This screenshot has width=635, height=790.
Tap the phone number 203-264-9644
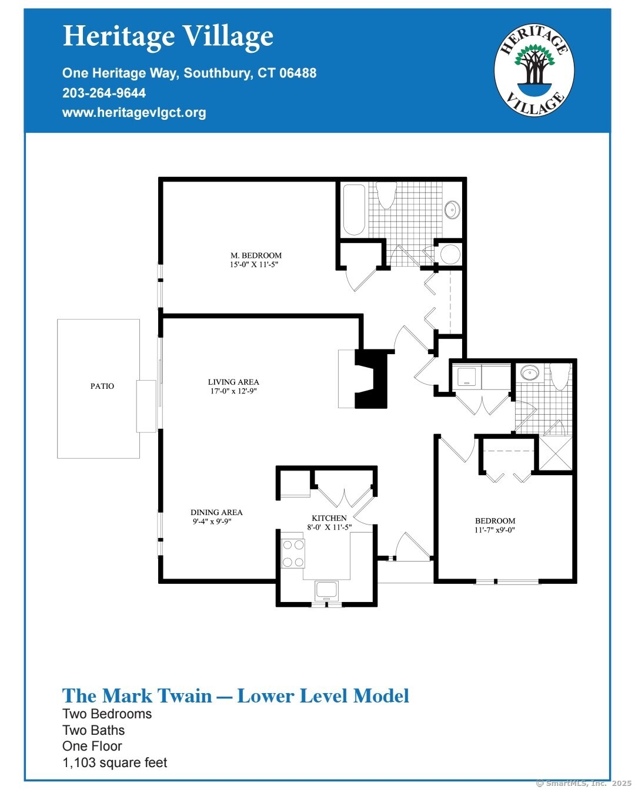[104, 93]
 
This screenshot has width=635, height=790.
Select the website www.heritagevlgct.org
[134, 112]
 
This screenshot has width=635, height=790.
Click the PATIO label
[102, 386]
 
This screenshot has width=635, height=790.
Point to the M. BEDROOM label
[256, 256]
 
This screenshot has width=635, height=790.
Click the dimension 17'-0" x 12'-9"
[233, 391]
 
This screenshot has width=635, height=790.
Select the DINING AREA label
[216, 512]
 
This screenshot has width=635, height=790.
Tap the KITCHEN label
[329, 518]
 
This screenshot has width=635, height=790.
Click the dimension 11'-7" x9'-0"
[495, 530]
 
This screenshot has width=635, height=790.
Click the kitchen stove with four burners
[293, 553]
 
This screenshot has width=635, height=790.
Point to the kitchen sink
[326, 589]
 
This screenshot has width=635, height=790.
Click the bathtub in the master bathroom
[354, 210]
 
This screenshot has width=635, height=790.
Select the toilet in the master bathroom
[386, 195]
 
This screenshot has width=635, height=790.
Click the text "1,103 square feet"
[115, 762]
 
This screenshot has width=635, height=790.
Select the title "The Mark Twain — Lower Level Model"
[236, 696]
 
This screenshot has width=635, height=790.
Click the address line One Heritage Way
[189, 73]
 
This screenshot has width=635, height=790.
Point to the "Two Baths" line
[93, 730]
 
